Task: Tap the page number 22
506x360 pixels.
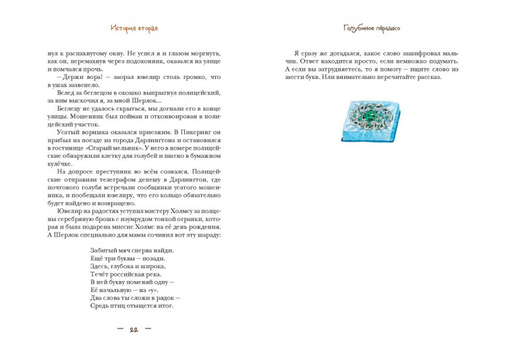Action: (x=134, y=329)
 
